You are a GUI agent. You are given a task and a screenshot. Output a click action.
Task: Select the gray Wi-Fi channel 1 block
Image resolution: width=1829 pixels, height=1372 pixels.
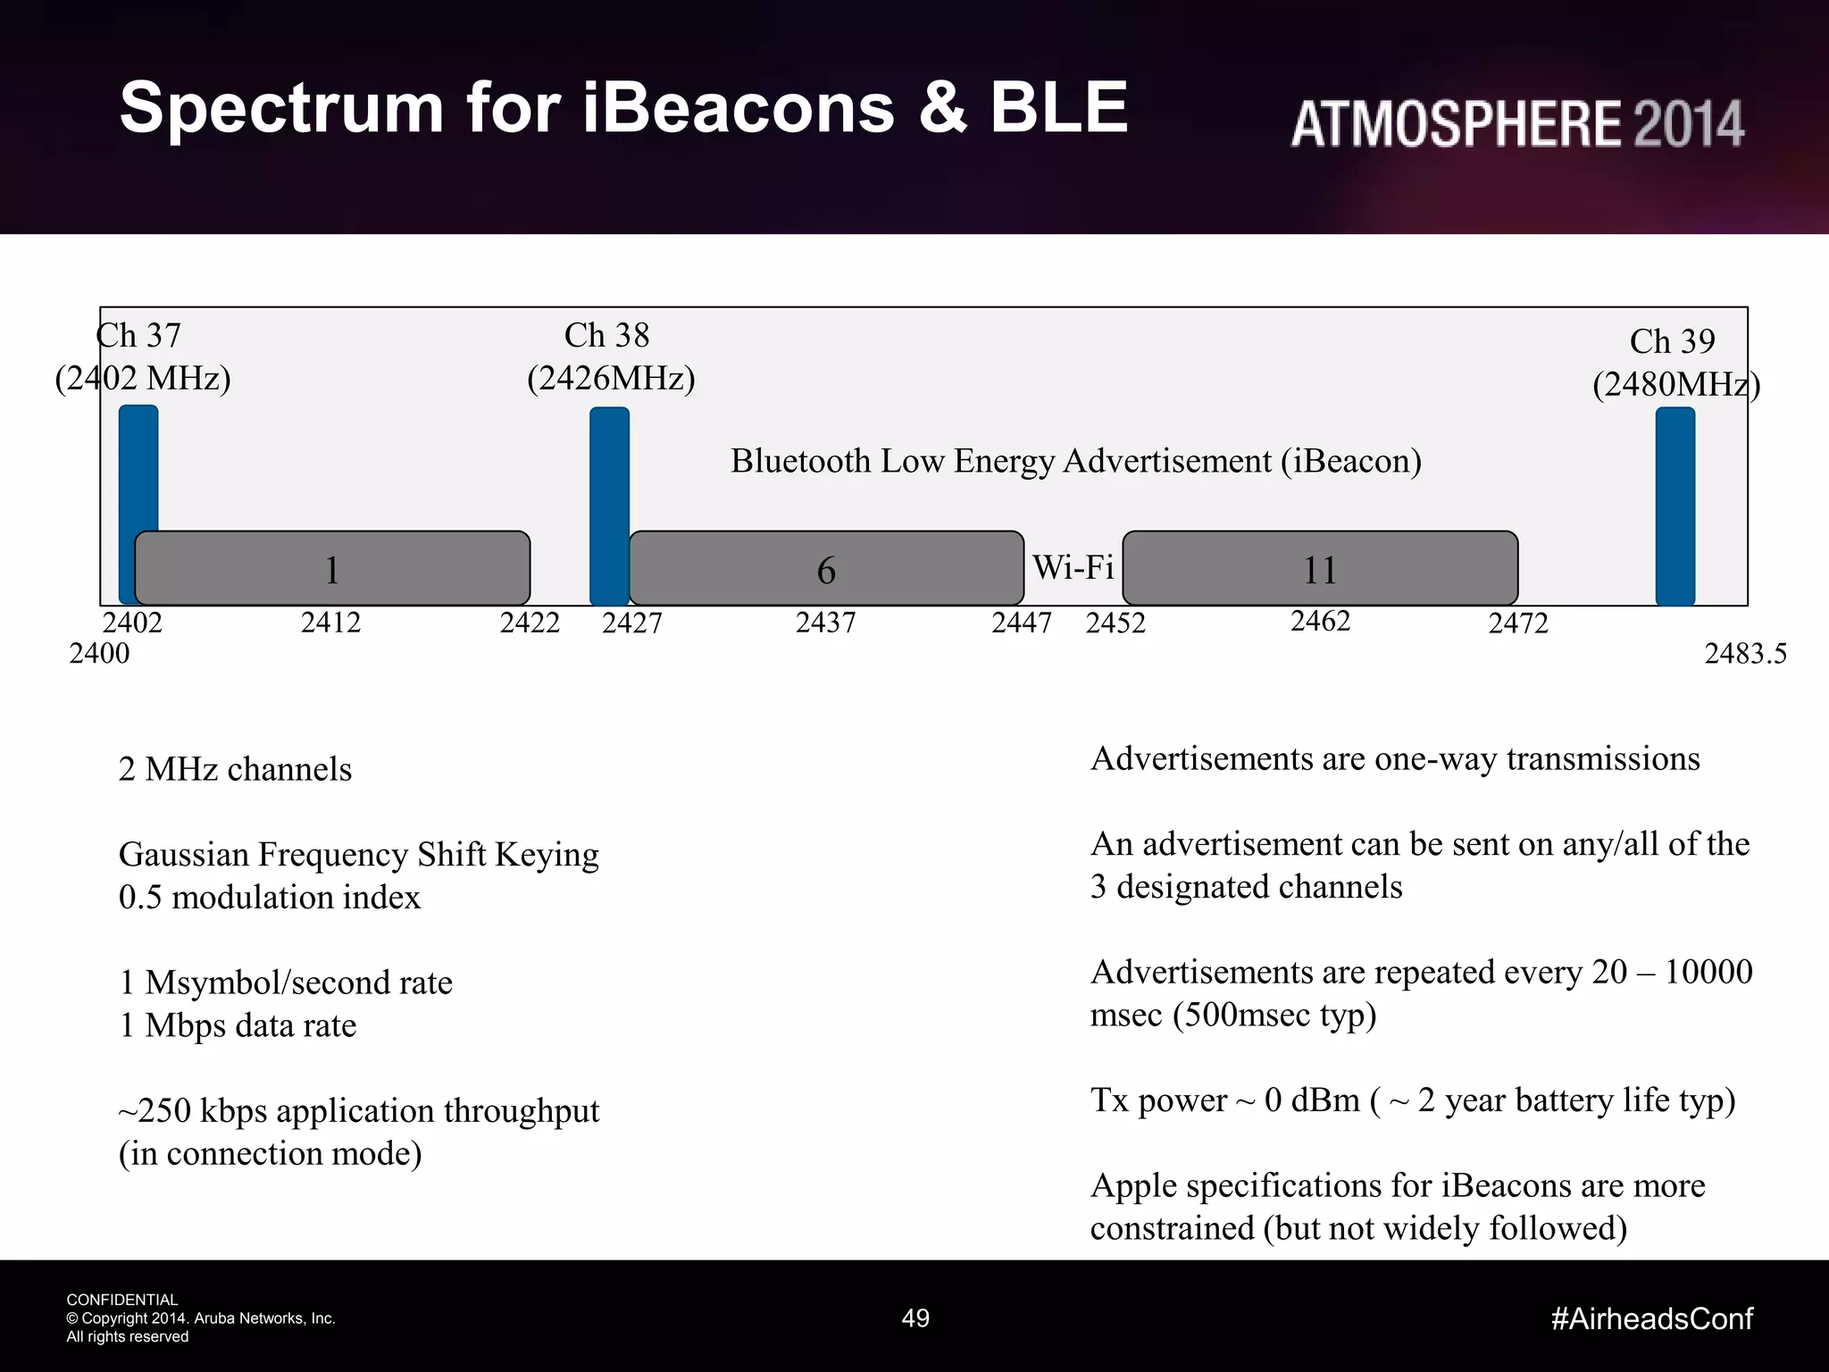[332, 568]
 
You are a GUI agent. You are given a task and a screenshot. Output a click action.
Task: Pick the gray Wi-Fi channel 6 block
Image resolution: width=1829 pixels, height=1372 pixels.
[826, 568]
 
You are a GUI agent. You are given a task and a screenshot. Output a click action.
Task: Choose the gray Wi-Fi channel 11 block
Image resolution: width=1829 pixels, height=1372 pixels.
[1320, 568]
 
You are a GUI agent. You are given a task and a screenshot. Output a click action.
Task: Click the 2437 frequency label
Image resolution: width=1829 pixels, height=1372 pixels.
[826, 623]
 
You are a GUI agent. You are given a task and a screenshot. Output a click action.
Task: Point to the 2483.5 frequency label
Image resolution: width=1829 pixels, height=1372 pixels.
[1745, 654]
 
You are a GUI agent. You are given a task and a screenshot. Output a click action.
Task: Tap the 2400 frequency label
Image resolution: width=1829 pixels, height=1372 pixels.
[99, 654]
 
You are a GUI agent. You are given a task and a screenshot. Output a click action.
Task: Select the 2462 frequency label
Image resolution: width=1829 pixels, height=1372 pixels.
[1320, 621]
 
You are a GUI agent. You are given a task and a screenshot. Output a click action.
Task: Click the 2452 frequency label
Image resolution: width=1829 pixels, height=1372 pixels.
[1115, 623]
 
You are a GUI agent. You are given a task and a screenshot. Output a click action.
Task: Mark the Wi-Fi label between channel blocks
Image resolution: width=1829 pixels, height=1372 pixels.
[1073, 567]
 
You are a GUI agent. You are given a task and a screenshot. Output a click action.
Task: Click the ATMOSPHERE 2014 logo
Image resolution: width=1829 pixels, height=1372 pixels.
[1517, 123]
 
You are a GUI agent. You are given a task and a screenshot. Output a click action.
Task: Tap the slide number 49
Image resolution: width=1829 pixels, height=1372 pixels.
[915, 1318]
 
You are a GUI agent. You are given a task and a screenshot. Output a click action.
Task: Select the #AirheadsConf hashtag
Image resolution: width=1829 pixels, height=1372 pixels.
[1652, 1318]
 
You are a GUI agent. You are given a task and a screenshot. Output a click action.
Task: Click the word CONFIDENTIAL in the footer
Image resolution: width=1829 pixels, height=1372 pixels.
[122, 1300]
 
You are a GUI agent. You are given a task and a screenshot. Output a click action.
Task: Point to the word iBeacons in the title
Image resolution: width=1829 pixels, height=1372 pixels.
[739, 107]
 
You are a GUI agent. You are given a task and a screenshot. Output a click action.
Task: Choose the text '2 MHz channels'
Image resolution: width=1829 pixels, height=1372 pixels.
[235, 769]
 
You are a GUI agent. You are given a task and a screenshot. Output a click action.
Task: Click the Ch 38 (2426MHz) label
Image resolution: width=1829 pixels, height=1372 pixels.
[610, 357]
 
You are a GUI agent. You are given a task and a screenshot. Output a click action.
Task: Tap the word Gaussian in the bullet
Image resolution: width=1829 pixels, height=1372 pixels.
[183, 855]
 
